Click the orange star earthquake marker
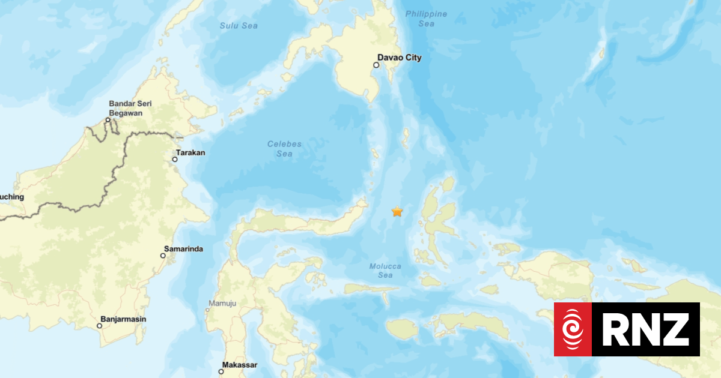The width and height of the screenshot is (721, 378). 397,211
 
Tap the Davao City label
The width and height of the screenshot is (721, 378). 399,58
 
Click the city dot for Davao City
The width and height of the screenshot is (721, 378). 376,65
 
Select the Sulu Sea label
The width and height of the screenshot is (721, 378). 239,26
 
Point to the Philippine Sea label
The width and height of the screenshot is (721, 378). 426,19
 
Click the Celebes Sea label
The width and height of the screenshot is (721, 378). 284,149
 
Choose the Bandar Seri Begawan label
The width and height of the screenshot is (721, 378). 130,108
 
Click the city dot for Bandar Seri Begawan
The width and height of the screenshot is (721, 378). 108,120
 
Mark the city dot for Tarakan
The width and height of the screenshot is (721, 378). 175,159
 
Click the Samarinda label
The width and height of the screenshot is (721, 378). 183,248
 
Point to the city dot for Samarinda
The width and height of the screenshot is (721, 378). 163,256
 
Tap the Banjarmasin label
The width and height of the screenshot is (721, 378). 123,319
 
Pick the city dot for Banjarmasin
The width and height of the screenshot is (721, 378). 100,326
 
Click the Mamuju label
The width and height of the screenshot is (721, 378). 222,303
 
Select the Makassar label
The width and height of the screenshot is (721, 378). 240,365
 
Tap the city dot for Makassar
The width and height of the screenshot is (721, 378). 221,371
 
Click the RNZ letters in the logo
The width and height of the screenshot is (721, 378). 645,329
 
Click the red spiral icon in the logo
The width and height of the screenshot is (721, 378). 573,329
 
